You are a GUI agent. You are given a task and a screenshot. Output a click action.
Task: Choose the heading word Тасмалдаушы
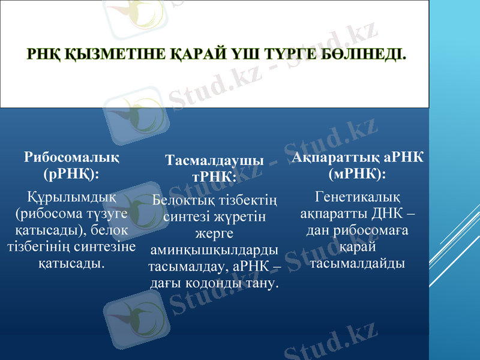[214, 161]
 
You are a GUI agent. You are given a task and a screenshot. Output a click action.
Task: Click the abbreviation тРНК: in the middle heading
[214, 177]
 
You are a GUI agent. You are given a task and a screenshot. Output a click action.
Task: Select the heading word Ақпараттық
[336, 157]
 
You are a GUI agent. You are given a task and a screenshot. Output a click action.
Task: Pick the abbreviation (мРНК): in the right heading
[358, 174]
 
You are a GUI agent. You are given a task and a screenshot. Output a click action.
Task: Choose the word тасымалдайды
[358, 263]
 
